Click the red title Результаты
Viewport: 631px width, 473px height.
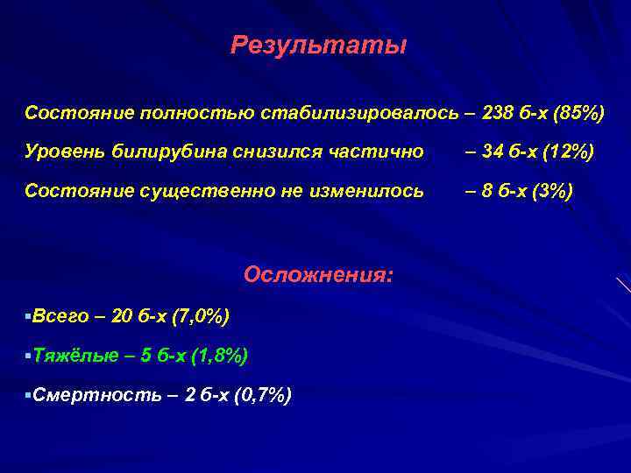(x=318, y=46)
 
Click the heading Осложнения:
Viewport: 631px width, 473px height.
(x=318, y=274)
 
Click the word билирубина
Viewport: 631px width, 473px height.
(x=157, y=152)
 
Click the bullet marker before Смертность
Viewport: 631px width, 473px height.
(x=28, y=396)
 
